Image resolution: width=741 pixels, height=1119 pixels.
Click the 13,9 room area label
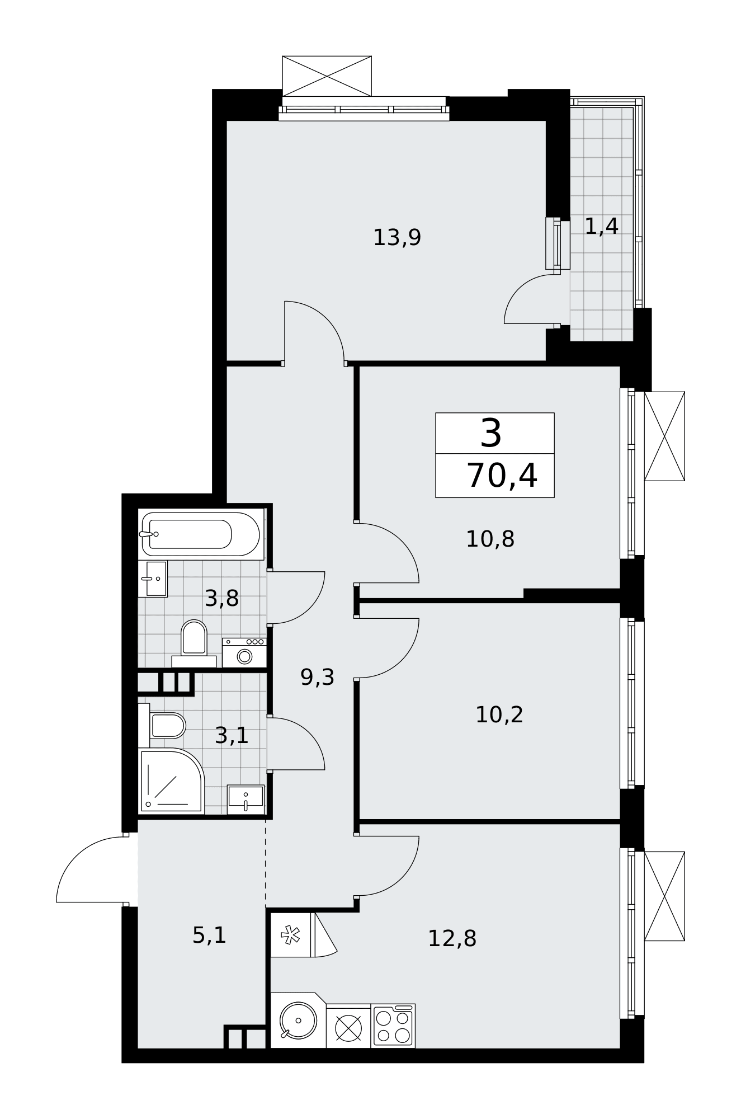click(x=397, y=238)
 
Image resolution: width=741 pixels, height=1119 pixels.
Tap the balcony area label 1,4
click(x=601, y=226)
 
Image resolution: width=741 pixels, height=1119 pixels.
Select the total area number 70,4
click(x=502, y=476)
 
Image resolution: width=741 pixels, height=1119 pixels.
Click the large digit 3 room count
click(x=490, y=434)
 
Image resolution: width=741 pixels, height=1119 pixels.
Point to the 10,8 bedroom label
click(x=490, y=539)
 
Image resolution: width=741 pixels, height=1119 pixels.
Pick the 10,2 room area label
click(x=499, y=714)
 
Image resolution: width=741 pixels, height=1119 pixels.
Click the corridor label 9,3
click(x=317, y=677)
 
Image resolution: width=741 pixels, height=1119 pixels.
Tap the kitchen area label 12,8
click(x=452, y=938)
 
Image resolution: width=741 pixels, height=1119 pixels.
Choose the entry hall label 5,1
click(x=209, y=935)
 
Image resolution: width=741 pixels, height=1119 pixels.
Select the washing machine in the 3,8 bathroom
click(x=244, y=652)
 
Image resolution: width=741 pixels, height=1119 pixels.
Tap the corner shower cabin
click(x=171, y=781)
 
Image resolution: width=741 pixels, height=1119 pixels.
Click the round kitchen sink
click(x=298, y=1020)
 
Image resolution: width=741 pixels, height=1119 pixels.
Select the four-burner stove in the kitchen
click(x=393, y=1026)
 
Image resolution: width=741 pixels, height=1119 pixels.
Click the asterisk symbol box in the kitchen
click(x=290, y=935)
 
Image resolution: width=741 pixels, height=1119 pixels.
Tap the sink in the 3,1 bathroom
click(x=246, y=799)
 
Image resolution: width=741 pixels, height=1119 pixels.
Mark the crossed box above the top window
click(x=327, y=76)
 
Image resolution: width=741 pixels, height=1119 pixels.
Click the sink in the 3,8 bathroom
click(x=153, y=579)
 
